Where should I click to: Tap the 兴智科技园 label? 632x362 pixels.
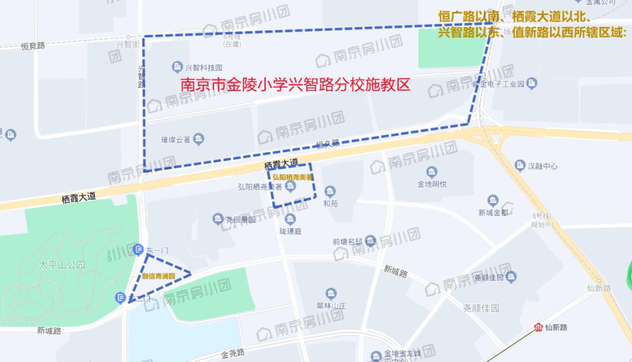(204, 68)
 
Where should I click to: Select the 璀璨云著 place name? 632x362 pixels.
(176, 139)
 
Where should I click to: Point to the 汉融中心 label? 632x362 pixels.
(542, 166)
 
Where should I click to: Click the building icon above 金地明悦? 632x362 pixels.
(432, 172)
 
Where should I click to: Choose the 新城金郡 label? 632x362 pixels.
(493, 213)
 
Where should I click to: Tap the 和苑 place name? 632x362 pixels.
(331, 204)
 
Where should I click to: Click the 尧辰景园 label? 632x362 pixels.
(241, 220)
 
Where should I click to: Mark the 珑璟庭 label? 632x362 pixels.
(290, 231)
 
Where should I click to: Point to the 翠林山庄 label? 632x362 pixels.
(331, 305)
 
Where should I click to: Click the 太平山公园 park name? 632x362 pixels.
(62, 265)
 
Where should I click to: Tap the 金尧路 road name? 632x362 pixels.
(233, 353)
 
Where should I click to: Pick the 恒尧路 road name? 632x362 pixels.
(33, 45)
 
